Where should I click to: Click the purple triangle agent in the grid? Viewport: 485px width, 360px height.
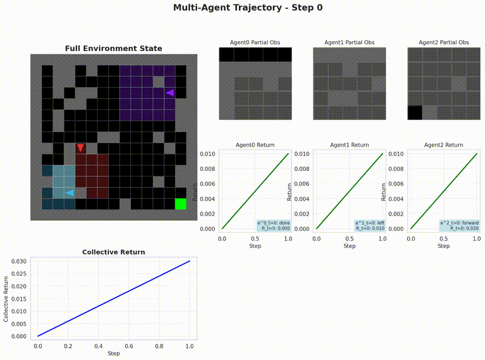click(170, 93)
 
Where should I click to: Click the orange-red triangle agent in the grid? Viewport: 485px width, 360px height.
click(81, 148)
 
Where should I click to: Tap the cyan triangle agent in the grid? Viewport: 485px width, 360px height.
click(70, 193)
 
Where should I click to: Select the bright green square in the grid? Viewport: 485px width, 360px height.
click(180, 204)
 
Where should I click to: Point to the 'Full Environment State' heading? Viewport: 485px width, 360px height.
click(113, 48)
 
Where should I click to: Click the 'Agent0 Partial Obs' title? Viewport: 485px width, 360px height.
click(255, 42)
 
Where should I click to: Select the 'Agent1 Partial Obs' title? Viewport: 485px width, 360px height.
click(349, 42)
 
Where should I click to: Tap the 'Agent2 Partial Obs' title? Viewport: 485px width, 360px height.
click(444, 42)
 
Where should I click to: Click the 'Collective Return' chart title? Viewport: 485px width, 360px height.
click(113, 252)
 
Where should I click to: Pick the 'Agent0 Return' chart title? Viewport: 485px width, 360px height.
click(255, 145)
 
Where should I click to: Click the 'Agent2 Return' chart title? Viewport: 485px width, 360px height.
click(444, 145)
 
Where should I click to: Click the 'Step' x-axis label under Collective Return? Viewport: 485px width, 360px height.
click(113, 353)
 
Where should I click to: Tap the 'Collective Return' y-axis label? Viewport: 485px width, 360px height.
click(7, 299)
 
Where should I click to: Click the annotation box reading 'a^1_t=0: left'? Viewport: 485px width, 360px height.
click(369, 225)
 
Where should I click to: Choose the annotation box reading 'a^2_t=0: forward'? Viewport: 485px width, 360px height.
click(460, 225)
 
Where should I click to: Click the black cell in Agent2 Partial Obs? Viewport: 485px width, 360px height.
click(415, 113)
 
